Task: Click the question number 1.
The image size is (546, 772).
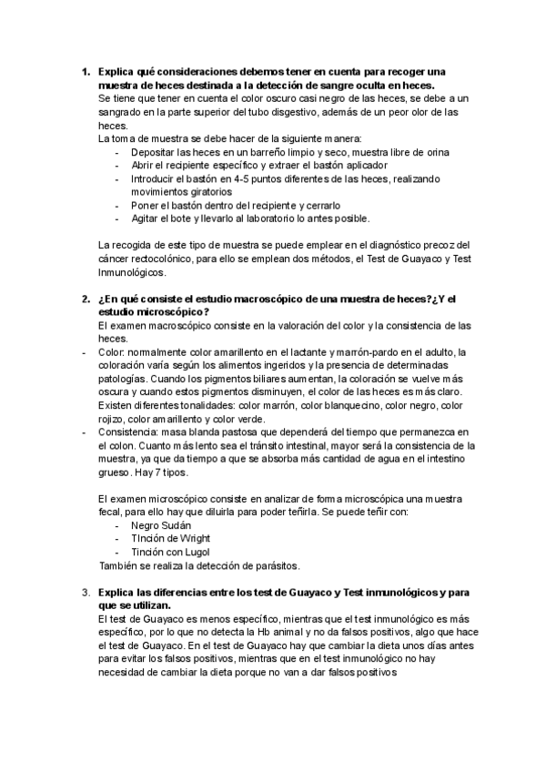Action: pos(85,71)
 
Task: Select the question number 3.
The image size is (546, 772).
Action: pos(85,593)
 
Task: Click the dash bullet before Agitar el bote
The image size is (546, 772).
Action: pos(117,218)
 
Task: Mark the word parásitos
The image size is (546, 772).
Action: pos(273,565)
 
